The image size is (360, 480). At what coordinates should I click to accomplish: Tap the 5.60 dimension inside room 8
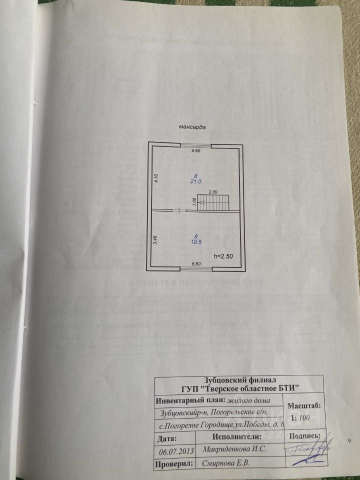[x=196, y=151]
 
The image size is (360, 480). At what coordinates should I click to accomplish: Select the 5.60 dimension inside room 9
[x=196, y=263]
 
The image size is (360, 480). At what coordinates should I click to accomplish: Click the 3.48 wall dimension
[x=155, y=239]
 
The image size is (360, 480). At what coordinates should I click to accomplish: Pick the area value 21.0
[x=195, y=181]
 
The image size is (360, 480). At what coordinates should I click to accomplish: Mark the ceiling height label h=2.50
[x=223, y=256]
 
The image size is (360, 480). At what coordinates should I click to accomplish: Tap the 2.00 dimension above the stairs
[x=213, y=192]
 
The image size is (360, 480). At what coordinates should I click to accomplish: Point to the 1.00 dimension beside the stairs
[x=194, y=201]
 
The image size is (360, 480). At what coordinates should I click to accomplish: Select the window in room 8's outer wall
[x=195, y=145]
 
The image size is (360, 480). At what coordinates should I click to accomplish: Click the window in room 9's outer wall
[x=196, y=269]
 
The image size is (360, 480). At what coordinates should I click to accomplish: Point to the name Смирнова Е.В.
[x=225, y=464]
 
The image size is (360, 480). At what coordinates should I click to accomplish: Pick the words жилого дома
[x=248, y=400]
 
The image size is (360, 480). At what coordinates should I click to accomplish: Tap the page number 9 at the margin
[x=349, y=440]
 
